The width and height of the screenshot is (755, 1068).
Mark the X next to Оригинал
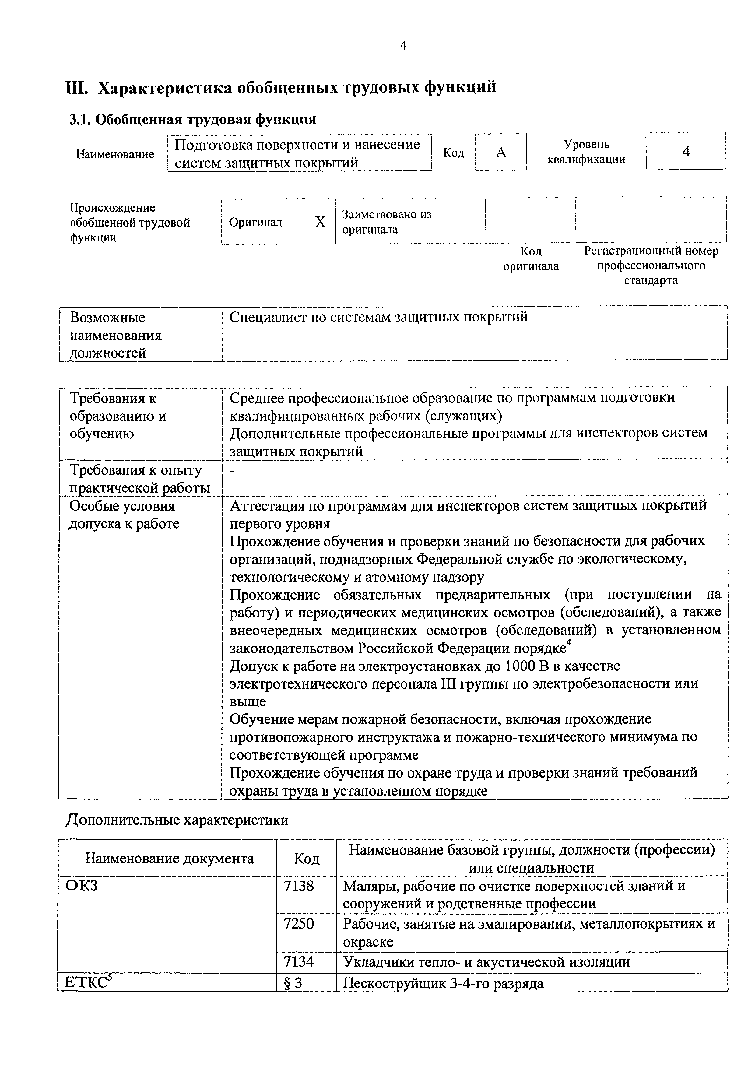(320, 222)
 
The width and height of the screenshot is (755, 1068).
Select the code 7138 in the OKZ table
(299, 886)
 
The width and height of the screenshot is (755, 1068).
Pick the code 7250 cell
(299, 924)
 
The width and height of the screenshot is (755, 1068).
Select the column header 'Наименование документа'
(169, 858)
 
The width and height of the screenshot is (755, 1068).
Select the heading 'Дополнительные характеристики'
(177, 820)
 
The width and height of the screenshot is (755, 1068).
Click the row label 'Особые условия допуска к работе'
(124, 515)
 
